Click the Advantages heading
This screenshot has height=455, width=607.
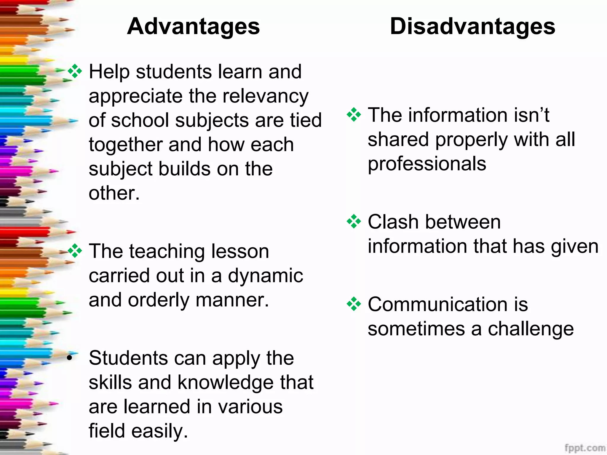pos(193,26)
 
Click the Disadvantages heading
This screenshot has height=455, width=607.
pos(472,26)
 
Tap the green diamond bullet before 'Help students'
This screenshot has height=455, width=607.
pos(75,71)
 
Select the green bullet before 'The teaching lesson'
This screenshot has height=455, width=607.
pos(75,251)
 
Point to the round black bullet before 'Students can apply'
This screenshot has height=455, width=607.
pos(70,358)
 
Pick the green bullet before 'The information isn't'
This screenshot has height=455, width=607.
pos(354,115)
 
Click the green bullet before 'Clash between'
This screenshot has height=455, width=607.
pos(354,222)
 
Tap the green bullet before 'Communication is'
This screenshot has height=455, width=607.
pos(354,304)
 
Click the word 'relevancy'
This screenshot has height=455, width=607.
pos(265,96)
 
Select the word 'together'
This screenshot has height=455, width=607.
pos(126,145)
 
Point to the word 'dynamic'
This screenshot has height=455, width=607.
pos(265,276)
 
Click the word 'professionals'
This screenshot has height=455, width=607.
pos(427,164)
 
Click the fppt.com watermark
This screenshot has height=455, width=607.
pos(584,448)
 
